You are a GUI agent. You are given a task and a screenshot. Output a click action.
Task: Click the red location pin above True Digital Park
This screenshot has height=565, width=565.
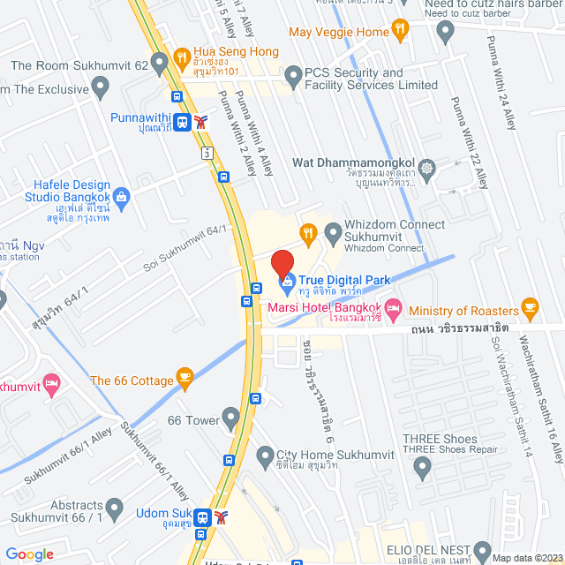click(282, 264)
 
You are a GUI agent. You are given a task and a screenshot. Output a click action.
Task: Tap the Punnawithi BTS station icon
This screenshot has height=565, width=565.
click(182, 123)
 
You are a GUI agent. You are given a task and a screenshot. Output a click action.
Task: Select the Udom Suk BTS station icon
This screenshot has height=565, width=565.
click(203, 516)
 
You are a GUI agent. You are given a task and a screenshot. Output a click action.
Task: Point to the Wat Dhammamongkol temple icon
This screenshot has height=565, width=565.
click(427, 168)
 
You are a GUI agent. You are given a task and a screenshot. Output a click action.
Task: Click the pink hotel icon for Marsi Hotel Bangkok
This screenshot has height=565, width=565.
click(394, 311)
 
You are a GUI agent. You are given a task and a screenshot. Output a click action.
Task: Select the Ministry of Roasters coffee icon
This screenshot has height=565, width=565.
click(531, 308)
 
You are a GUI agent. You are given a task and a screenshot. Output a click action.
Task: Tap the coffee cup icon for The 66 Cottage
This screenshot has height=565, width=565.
click(185, 379)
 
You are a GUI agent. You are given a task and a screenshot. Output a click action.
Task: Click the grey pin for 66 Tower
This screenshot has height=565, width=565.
click(232, 415)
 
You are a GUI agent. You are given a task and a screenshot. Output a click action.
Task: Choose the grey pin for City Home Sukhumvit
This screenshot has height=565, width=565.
click(264, 456)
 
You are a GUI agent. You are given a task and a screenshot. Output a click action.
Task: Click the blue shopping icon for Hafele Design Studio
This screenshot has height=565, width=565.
click(122, 196)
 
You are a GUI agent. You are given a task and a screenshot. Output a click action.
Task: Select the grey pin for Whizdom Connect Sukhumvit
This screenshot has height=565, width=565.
click(333, 234)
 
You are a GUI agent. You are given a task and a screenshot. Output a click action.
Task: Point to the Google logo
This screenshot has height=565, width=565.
click(29, 554)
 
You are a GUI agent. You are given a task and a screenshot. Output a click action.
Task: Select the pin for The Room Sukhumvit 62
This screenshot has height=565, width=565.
click(159, 63)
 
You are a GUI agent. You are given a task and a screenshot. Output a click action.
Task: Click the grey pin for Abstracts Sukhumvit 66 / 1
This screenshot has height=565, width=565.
click(114, 507)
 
